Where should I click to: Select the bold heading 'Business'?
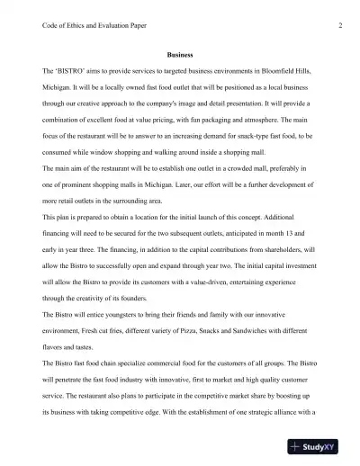coord(180,54)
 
